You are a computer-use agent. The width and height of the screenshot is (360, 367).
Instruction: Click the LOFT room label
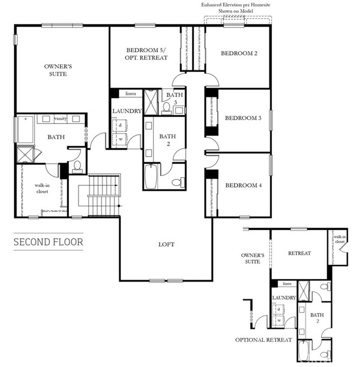(166, 245)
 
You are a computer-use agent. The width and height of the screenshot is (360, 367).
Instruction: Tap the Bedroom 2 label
(239, 53)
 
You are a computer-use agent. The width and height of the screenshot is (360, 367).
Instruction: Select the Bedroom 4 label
(243, 185)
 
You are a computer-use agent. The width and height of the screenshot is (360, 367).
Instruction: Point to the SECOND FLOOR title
(48, 242)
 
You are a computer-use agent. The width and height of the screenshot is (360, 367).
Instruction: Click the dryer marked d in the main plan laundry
(120, 126)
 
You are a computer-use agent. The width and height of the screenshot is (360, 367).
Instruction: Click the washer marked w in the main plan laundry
(120, 139)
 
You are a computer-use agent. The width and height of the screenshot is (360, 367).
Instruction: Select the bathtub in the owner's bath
(26, 130)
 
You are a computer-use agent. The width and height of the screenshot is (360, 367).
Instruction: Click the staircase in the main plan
(104, 196)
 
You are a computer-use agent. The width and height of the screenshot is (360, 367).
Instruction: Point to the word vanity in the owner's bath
(60, 119)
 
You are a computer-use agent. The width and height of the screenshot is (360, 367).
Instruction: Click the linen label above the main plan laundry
(131, 93)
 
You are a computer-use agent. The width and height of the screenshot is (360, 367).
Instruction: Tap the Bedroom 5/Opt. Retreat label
(146, 54)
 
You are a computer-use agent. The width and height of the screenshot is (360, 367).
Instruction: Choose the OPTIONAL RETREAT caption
(264, 340)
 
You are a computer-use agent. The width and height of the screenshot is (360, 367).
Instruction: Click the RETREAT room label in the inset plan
(299, 253)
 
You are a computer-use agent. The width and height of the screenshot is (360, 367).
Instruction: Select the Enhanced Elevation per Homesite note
(236, 7)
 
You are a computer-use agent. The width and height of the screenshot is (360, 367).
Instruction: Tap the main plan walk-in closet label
(42, 189)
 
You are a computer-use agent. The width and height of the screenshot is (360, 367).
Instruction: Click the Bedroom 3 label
(243, 118)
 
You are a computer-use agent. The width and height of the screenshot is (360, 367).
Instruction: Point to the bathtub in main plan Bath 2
(151, 176)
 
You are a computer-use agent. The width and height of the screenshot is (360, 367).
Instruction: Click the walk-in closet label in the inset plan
(339, 239)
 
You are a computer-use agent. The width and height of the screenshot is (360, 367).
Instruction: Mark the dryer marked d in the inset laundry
(279, 310)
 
